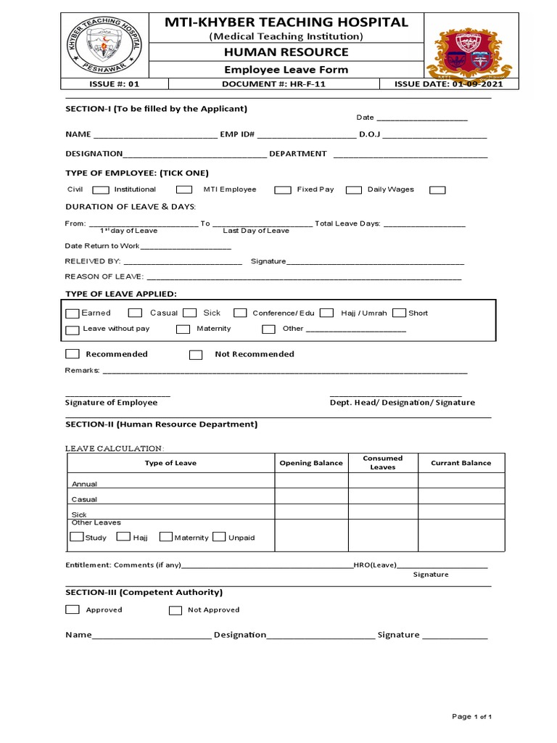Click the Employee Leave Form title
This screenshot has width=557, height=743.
coord(286,70)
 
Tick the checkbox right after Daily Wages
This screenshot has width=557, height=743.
coord(437,190)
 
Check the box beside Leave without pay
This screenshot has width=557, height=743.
coord(72,330)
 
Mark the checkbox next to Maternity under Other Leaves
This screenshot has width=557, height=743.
coord(165,537)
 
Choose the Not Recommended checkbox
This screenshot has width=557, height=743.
coord(196,355)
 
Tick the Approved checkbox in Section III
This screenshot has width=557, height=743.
coord(72,609)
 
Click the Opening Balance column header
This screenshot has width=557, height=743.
coord(311,463)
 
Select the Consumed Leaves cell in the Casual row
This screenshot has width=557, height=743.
coord(383,496)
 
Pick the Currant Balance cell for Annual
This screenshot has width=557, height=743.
coord(461,480)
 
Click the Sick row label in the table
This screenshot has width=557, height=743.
coord(79,514)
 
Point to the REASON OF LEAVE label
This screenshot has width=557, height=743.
coord(104,276)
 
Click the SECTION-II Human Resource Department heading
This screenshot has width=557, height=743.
coord(161,424)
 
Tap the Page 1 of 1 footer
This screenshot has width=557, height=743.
coord(472,717)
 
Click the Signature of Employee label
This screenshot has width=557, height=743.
coord(111,403)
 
